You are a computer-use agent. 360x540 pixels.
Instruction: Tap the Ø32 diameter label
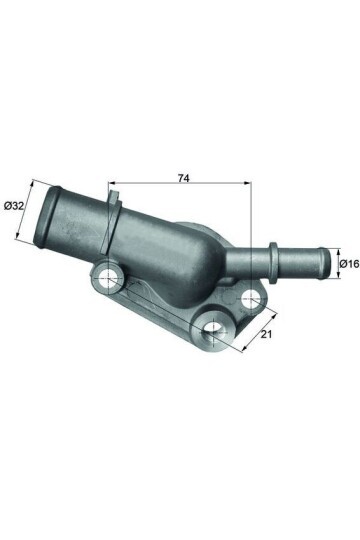14,205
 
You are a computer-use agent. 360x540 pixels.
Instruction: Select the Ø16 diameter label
349,264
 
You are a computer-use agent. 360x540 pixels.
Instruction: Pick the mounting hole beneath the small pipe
250,297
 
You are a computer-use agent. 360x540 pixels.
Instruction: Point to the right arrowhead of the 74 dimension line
245,185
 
